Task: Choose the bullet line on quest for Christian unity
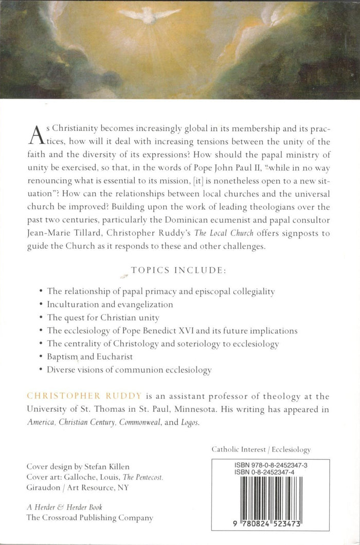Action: pyautogui.click(x=103, y=317)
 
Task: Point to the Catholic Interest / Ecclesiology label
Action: pyautogui.click(x=261, y=449)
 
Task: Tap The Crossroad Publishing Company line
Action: pyautogui.click(x=89, y=518)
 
